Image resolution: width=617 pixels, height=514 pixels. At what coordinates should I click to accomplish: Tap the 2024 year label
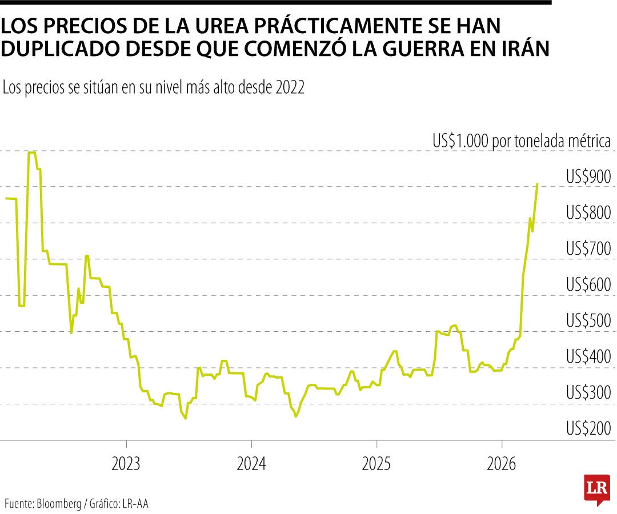[x=251, y=463]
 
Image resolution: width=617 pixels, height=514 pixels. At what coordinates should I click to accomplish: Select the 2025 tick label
[x=376, y=463]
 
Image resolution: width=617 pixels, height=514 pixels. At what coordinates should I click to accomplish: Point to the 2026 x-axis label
[x=502, y=463]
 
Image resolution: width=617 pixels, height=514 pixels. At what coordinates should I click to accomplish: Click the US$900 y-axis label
[x=588, y=178]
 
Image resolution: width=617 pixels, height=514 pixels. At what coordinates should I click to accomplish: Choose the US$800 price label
[x=588, y=213]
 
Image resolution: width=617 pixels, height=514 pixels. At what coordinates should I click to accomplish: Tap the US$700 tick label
[x=588, y=249]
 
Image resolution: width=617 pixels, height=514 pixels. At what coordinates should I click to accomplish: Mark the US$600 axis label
[x=588, y=285]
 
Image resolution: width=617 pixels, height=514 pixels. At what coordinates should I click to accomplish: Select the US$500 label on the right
[x=588, y=321]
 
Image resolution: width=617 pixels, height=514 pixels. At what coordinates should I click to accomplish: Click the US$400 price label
[x=588, y=357]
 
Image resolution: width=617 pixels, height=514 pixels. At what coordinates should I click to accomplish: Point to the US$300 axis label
[x=588, y=393]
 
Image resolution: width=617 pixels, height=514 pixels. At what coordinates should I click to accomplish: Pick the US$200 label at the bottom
[x=588, y=428]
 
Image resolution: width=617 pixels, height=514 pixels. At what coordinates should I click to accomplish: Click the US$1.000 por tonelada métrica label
[x=522, y=141]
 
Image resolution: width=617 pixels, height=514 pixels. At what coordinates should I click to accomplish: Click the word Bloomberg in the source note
[x=59, y=504]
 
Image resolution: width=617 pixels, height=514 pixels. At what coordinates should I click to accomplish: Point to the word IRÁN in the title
[x=524, y=49]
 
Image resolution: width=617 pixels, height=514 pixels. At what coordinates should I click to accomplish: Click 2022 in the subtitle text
[x=290, y=88]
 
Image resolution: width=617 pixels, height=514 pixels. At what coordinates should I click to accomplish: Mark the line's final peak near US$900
[x=537, y=184]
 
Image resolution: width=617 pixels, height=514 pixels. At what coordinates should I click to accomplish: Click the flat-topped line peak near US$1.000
[x=32, y=152]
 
